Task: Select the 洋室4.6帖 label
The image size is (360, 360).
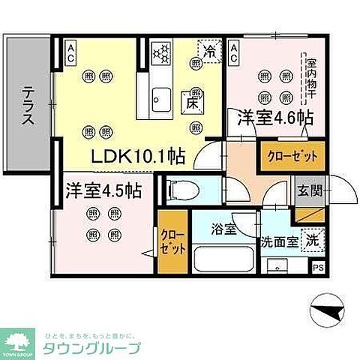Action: pos(275,118)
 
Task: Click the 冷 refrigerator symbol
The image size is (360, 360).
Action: pos(209,51)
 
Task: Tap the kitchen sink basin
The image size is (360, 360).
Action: pos(160,98)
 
